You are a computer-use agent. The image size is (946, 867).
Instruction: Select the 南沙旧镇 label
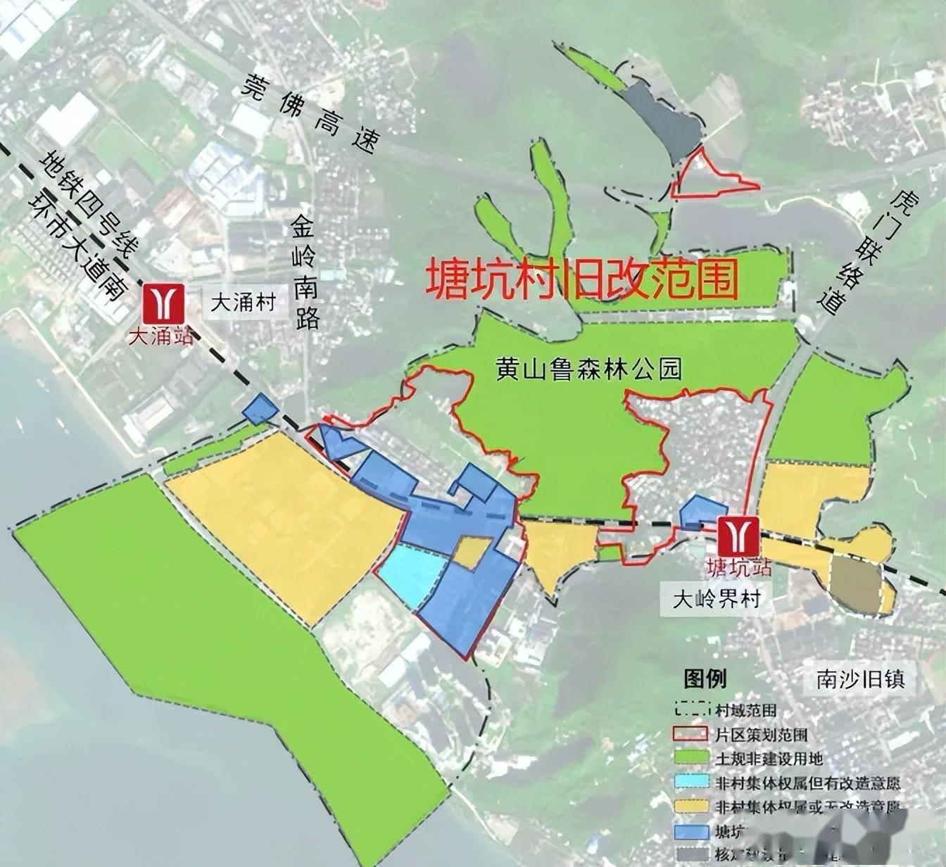click(x=859, y=680)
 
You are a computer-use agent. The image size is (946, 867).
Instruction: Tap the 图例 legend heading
click(x=705, y=679)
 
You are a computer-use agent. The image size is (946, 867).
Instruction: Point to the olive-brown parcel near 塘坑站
click(x=854, y=583)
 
